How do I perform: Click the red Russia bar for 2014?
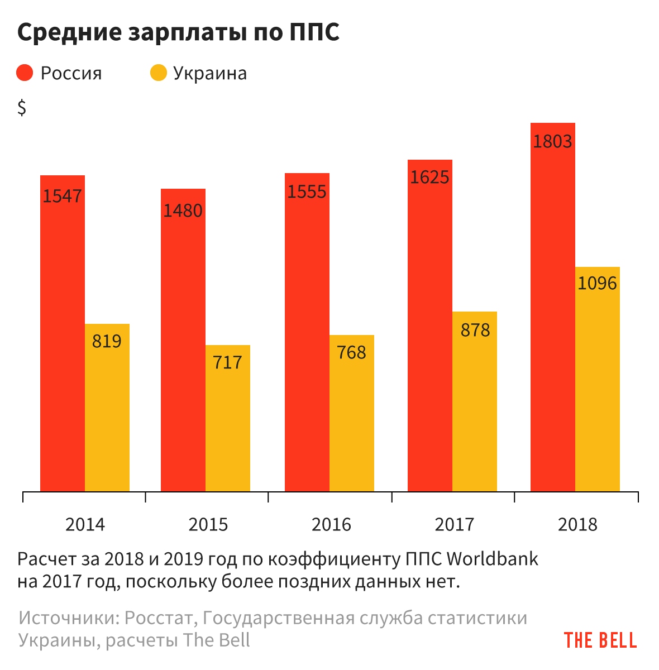63,335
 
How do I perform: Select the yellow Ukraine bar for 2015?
228,419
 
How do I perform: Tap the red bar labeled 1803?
553,307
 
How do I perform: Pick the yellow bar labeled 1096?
598,380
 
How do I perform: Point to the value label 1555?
307,192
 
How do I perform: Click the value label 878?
475,331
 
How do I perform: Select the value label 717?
228,363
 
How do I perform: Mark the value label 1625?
429,178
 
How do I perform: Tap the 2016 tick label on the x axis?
331,525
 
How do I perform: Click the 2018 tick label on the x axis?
577,525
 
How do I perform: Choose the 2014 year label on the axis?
85,525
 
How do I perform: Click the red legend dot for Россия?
25,73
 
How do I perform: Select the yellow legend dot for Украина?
159,73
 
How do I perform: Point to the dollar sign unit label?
22,107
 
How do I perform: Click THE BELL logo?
600,640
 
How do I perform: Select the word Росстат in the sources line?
160,618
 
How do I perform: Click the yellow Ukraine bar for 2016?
352,413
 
